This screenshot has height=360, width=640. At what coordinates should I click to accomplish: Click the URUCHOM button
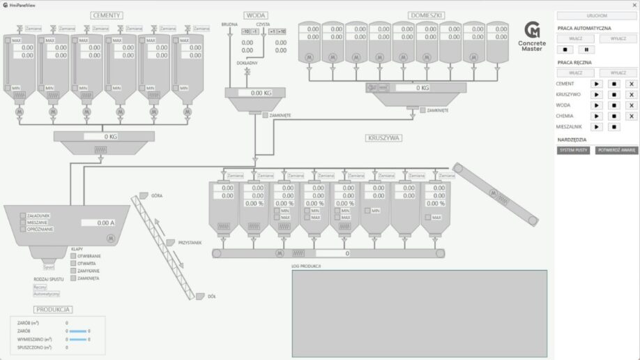click(597, 15)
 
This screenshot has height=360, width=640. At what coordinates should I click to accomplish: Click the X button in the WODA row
click(631, 105)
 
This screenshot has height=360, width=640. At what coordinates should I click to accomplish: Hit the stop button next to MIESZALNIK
click(614, 127)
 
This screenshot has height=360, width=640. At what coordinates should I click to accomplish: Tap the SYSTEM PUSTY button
click(573, 150)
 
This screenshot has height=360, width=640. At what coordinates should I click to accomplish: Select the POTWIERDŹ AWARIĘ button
click(616, 150)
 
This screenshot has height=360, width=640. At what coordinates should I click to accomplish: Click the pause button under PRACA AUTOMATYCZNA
click(587, 50)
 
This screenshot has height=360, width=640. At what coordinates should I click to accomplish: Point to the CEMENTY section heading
click(107, 15)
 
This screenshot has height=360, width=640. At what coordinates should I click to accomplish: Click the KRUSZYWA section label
click(383, 138)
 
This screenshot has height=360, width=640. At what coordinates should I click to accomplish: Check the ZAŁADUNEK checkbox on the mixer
click(23, 216)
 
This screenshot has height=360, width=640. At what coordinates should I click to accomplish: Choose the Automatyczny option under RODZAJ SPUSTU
click(47, 294)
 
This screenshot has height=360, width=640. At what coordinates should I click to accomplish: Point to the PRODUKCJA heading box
click(53, 309)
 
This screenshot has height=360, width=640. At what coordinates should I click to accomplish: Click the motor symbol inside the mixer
click(110, 239)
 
